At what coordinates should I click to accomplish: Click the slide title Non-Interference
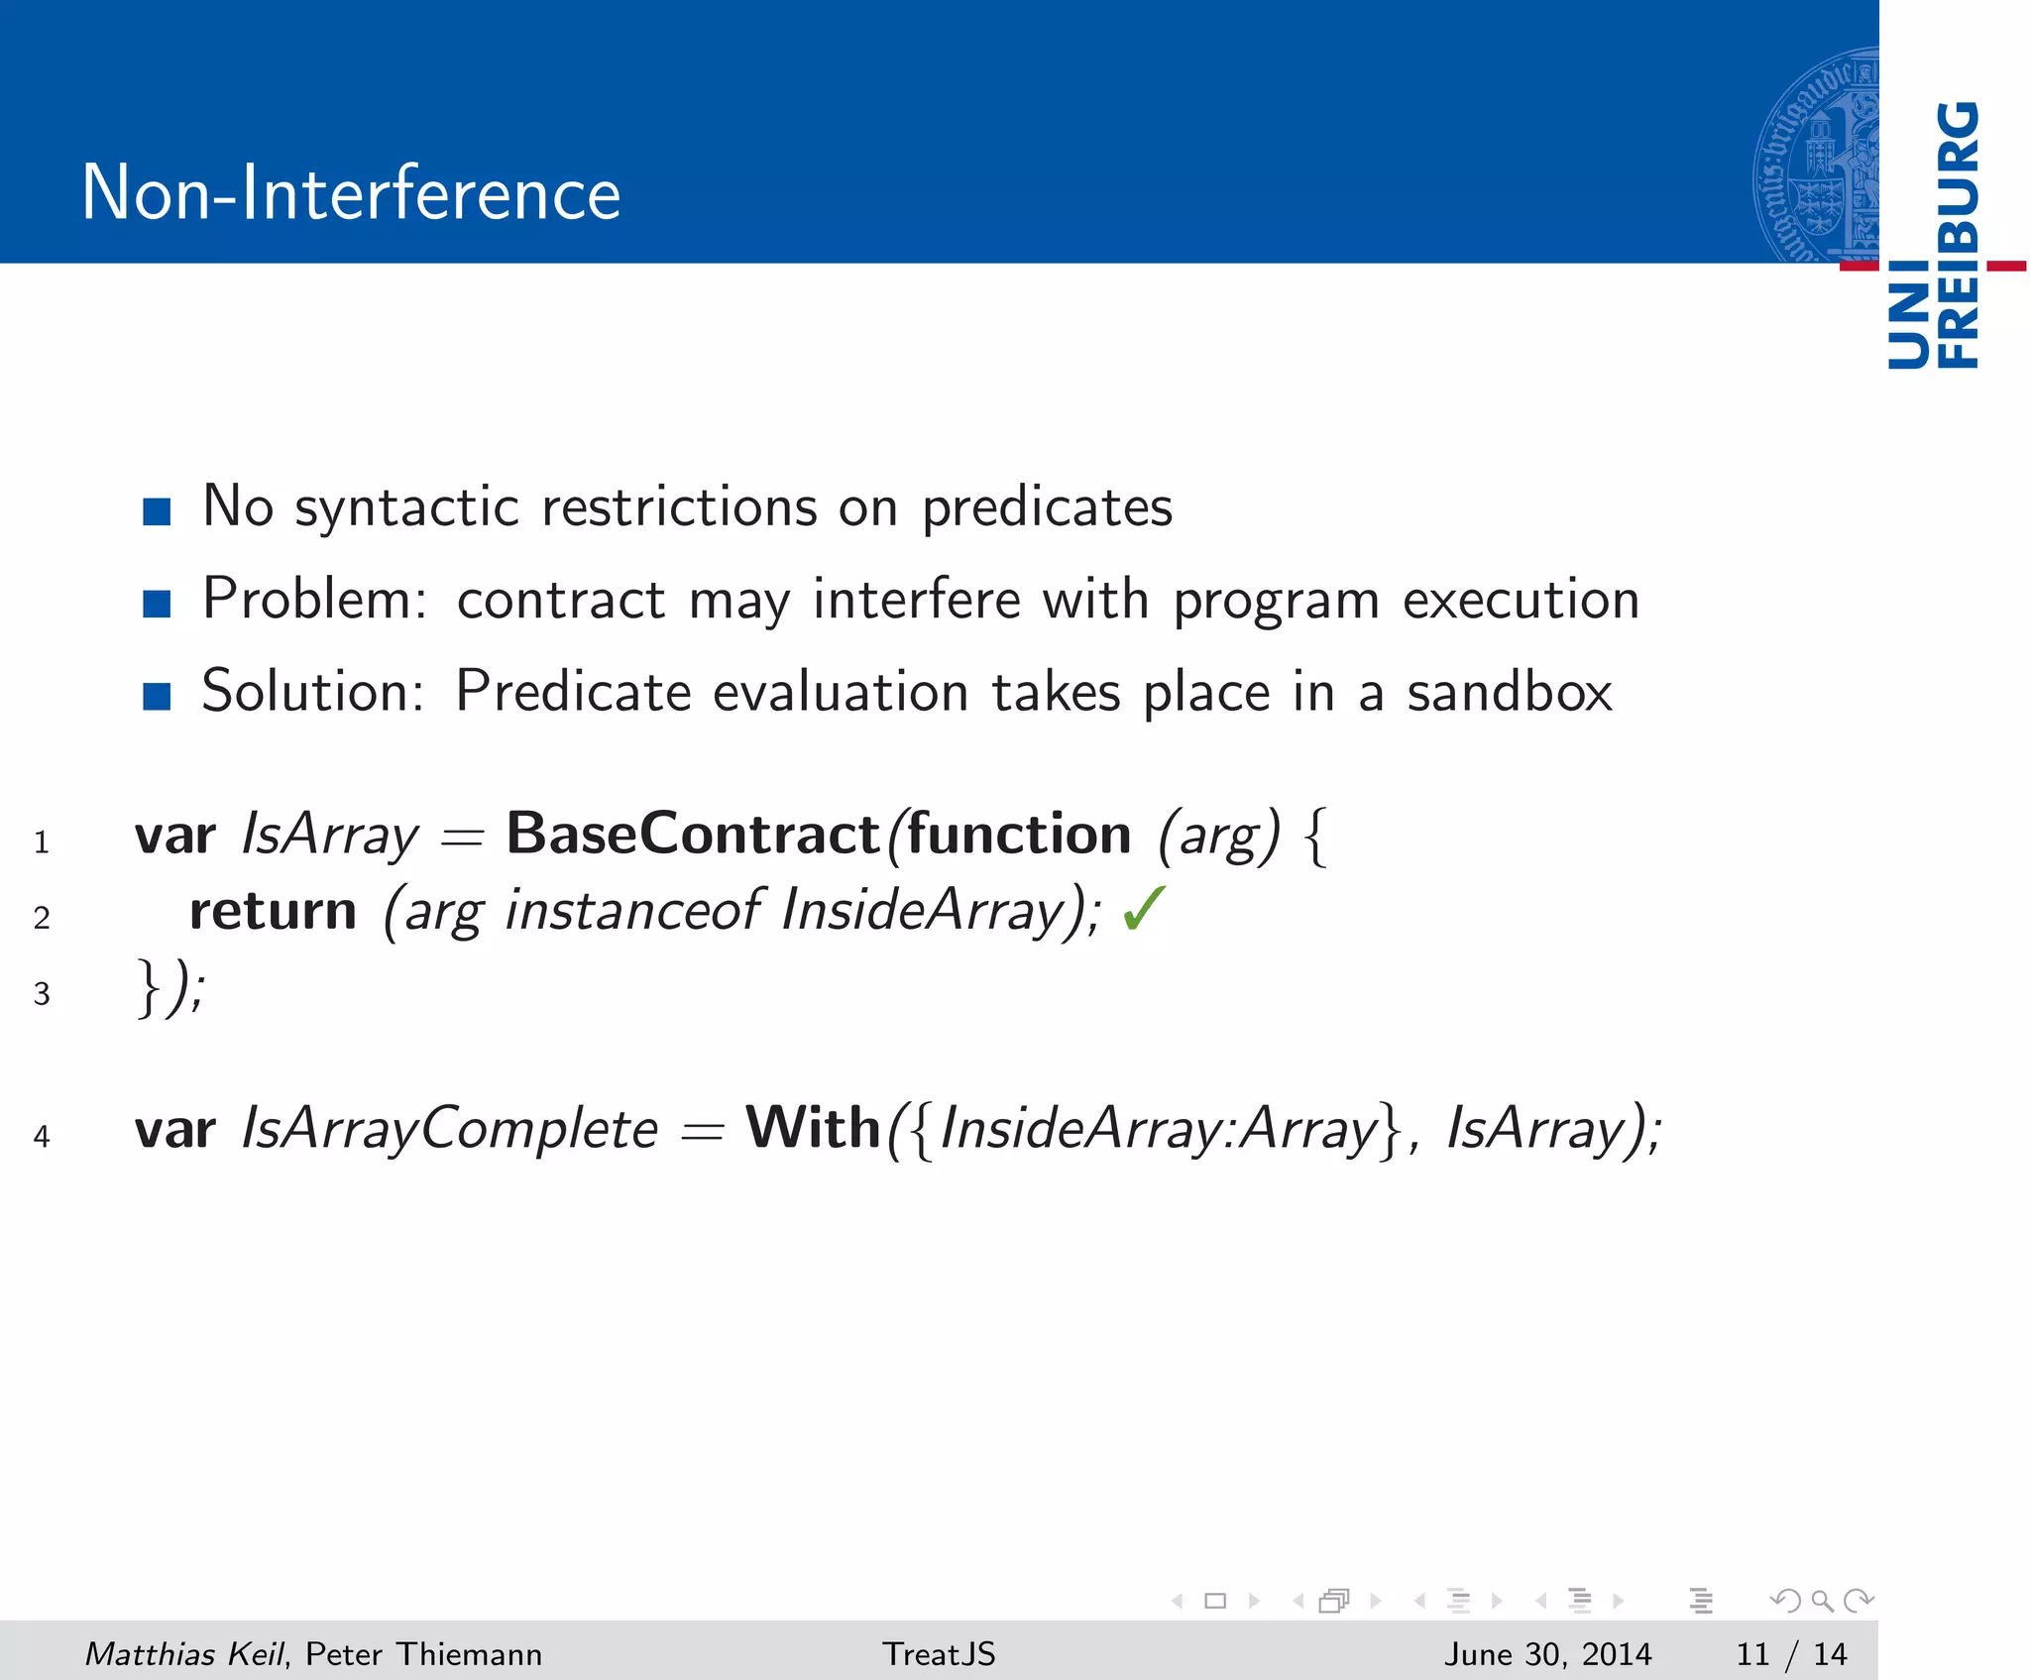351,192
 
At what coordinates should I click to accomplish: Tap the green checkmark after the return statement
1145,910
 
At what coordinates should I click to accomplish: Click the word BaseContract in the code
693,835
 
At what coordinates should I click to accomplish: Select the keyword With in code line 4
813,1128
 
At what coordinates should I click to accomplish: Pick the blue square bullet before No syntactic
157,511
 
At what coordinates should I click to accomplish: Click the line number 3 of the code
42,993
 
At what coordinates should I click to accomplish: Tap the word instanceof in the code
632,910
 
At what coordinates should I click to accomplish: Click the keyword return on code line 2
273,910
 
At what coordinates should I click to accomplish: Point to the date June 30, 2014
1546,1653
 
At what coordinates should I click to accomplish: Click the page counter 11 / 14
1790,1653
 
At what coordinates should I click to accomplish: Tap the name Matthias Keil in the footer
184,1653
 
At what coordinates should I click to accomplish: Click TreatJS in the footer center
939,1653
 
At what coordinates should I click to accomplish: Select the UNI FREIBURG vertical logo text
1933,236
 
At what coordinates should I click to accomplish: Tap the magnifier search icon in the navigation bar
1821,1600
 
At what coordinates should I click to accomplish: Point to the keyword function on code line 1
1019,835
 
